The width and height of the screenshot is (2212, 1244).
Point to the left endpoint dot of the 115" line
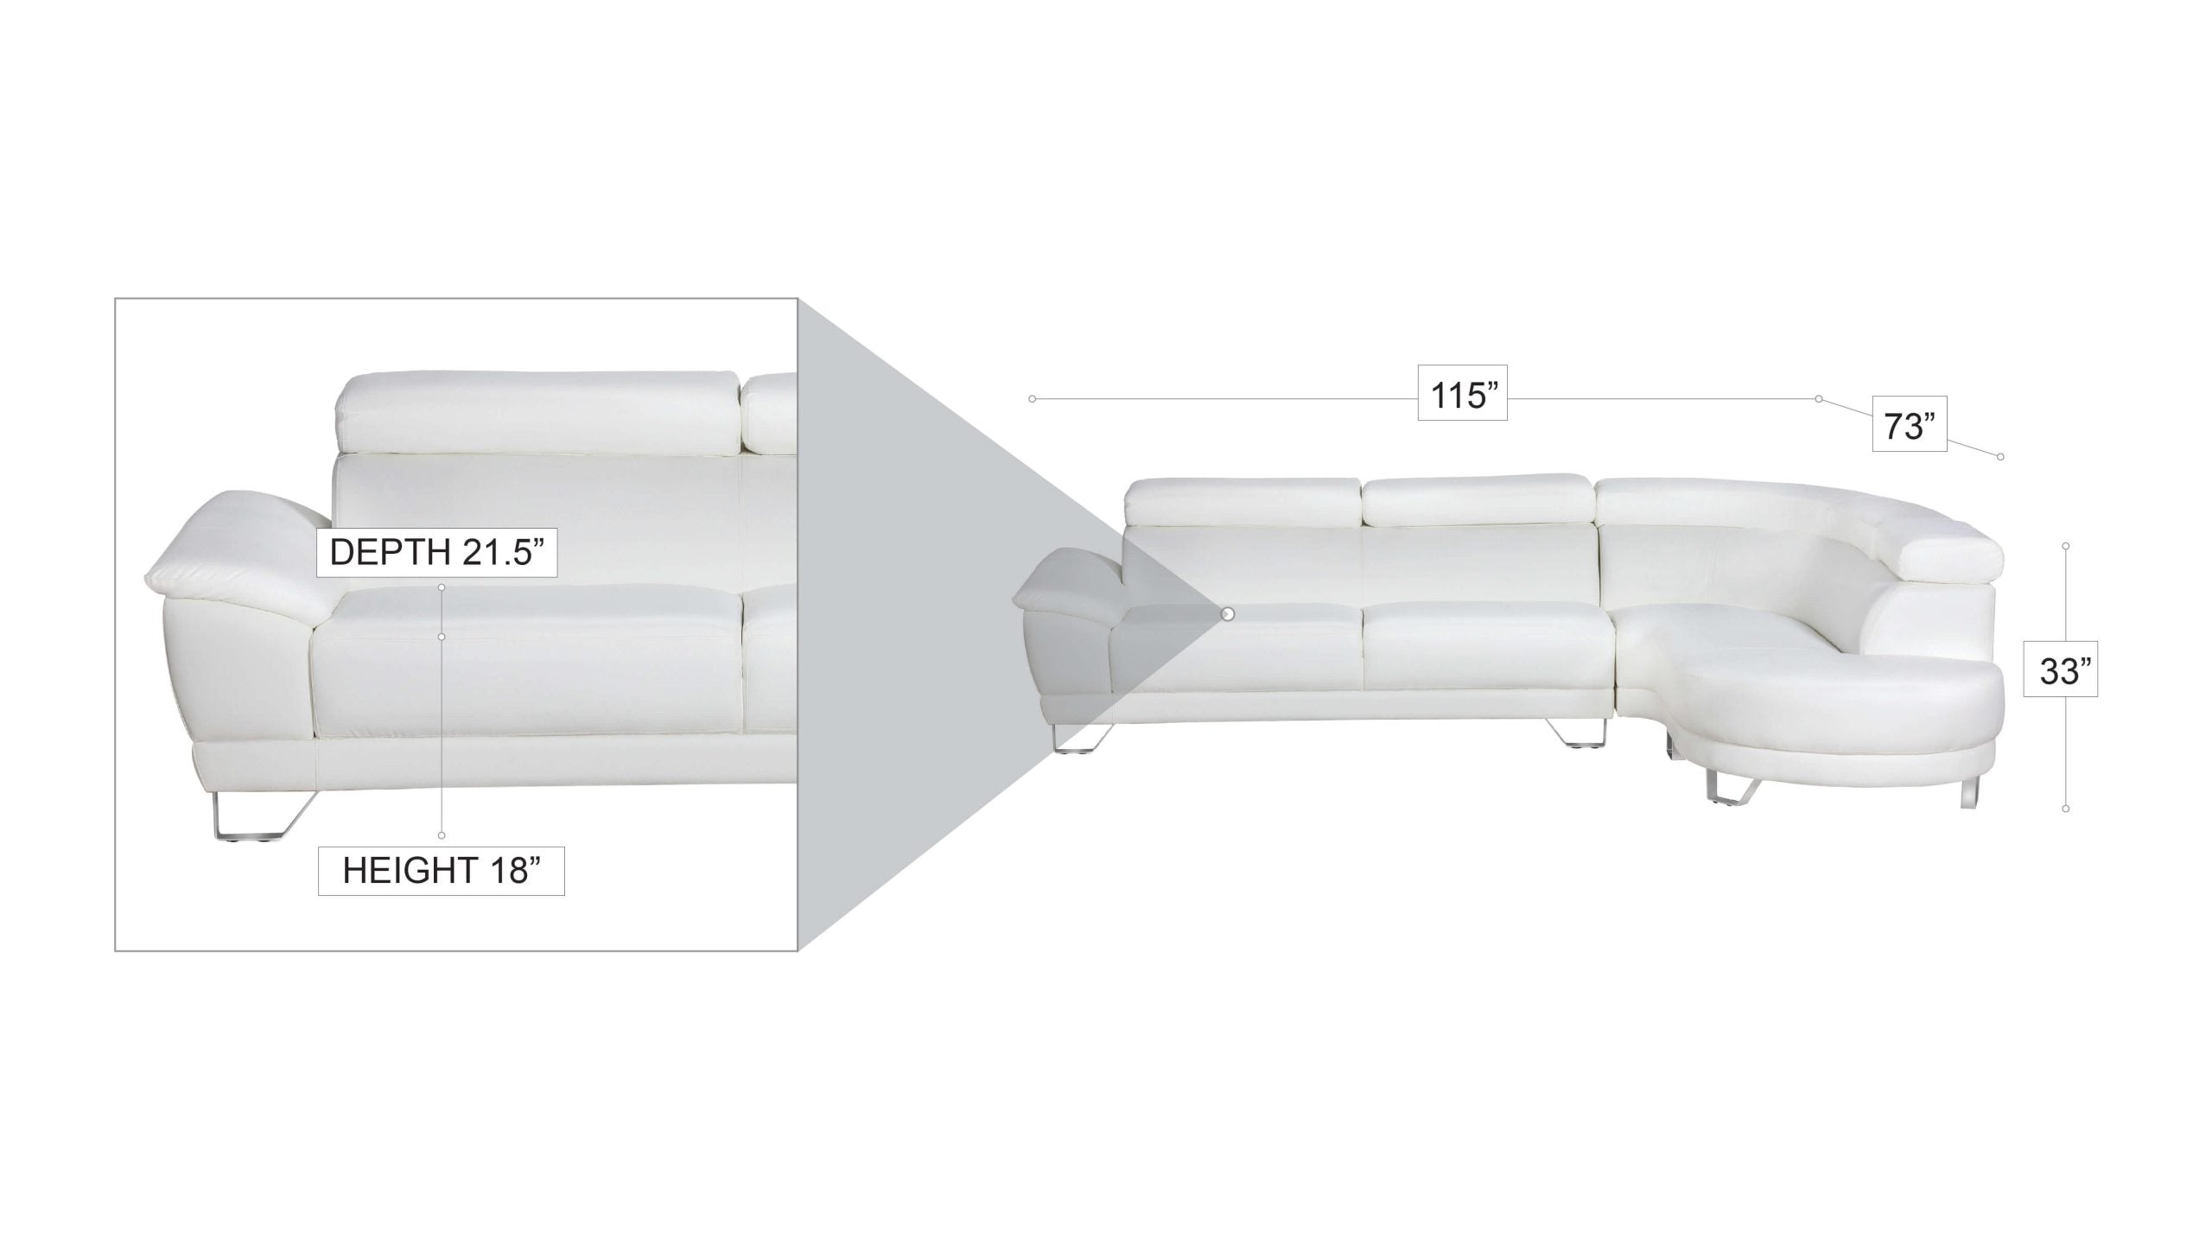(x=1032, y=399)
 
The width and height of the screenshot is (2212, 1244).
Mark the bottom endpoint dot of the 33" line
(x=2066, y=809)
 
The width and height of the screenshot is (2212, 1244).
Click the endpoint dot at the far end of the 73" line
(x=2001, y=456)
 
